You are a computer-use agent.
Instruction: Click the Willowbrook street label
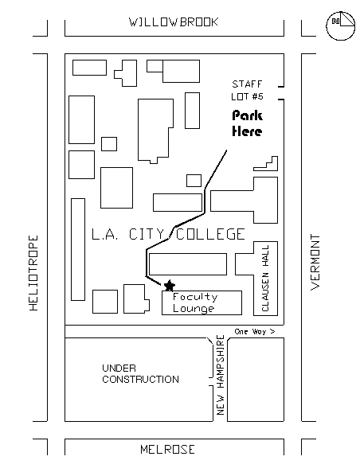click(x=174, y=22)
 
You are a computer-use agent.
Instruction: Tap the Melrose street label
click(x=167, y=450)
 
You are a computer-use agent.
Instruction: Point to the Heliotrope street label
click(x=33, y=273)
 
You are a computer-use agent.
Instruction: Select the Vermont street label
click(x=315, y=262)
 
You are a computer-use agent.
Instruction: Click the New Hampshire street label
click(x=221, y=375)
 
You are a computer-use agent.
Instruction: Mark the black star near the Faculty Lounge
click(x=170, y=286)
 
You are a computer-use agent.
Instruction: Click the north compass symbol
click(x=340, y=26)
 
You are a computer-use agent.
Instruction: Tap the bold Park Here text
click(x=247, y=123)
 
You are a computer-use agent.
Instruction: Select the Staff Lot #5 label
click(x=248, y=90)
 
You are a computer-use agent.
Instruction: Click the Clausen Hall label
click(x=265, y=278)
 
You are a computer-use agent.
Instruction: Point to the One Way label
click(x=255, y=331)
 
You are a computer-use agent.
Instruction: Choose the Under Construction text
click(x=140, y=373)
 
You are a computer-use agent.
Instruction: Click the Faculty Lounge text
click(x=195, y=302)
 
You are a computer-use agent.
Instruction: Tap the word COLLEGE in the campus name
click(x=210, y=235)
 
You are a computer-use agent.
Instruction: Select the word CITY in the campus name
click(x=147, y=235)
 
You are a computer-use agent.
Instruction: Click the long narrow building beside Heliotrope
click(x=78, y=250)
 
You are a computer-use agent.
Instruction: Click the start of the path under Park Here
click(x=226, y=150)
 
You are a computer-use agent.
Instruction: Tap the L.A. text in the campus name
click(x=105, y=235)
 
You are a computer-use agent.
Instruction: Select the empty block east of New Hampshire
click(x=256, y=380)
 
